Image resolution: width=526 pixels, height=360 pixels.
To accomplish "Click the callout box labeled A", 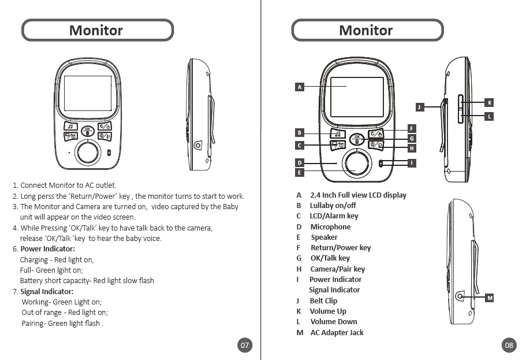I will (299, 87).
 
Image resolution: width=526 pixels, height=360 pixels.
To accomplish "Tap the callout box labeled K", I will (489, 103).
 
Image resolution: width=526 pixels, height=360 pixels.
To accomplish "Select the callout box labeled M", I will (489, 298).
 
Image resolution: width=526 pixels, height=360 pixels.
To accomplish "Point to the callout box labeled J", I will (420, 107).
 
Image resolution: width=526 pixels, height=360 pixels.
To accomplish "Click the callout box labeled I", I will (411, 164).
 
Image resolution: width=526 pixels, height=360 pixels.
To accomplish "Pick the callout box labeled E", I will (299, 172).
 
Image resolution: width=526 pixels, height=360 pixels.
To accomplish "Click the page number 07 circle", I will (245, 345).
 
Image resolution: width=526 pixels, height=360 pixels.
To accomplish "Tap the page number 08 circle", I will (509, 345).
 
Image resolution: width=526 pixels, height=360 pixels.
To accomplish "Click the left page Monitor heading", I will (96, 30).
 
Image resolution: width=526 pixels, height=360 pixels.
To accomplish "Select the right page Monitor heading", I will (366, 30).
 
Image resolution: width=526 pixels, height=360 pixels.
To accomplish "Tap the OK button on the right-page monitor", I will (357, 138).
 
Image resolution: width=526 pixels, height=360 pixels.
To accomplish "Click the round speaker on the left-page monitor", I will (88, 153).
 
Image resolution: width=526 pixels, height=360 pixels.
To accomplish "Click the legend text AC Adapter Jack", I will (337, 333).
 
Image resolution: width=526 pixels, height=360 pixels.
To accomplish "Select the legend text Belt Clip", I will (323, 301).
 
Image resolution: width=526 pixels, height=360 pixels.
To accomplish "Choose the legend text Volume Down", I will (334, 322).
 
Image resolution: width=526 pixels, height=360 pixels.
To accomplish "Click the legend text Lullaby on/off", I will (333, 206).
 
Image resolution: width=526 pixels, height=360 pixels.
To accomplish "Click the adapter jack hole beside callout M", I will (460, 296).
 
